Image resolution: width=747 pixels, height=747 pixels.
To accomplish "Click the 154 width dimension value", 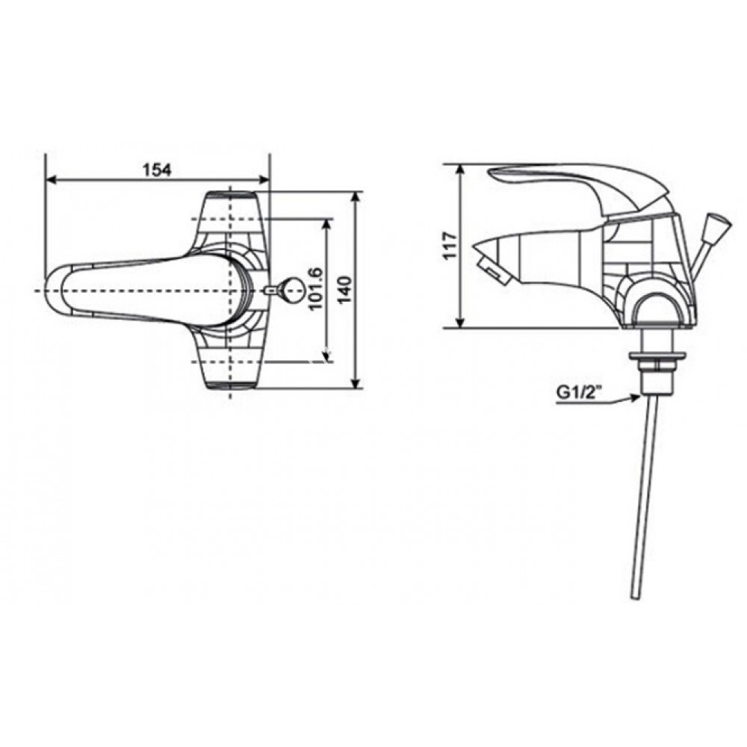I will pos(158,170).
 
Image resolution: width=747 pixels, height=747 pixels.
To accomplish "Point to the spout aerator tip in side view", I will pos(492,268).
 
